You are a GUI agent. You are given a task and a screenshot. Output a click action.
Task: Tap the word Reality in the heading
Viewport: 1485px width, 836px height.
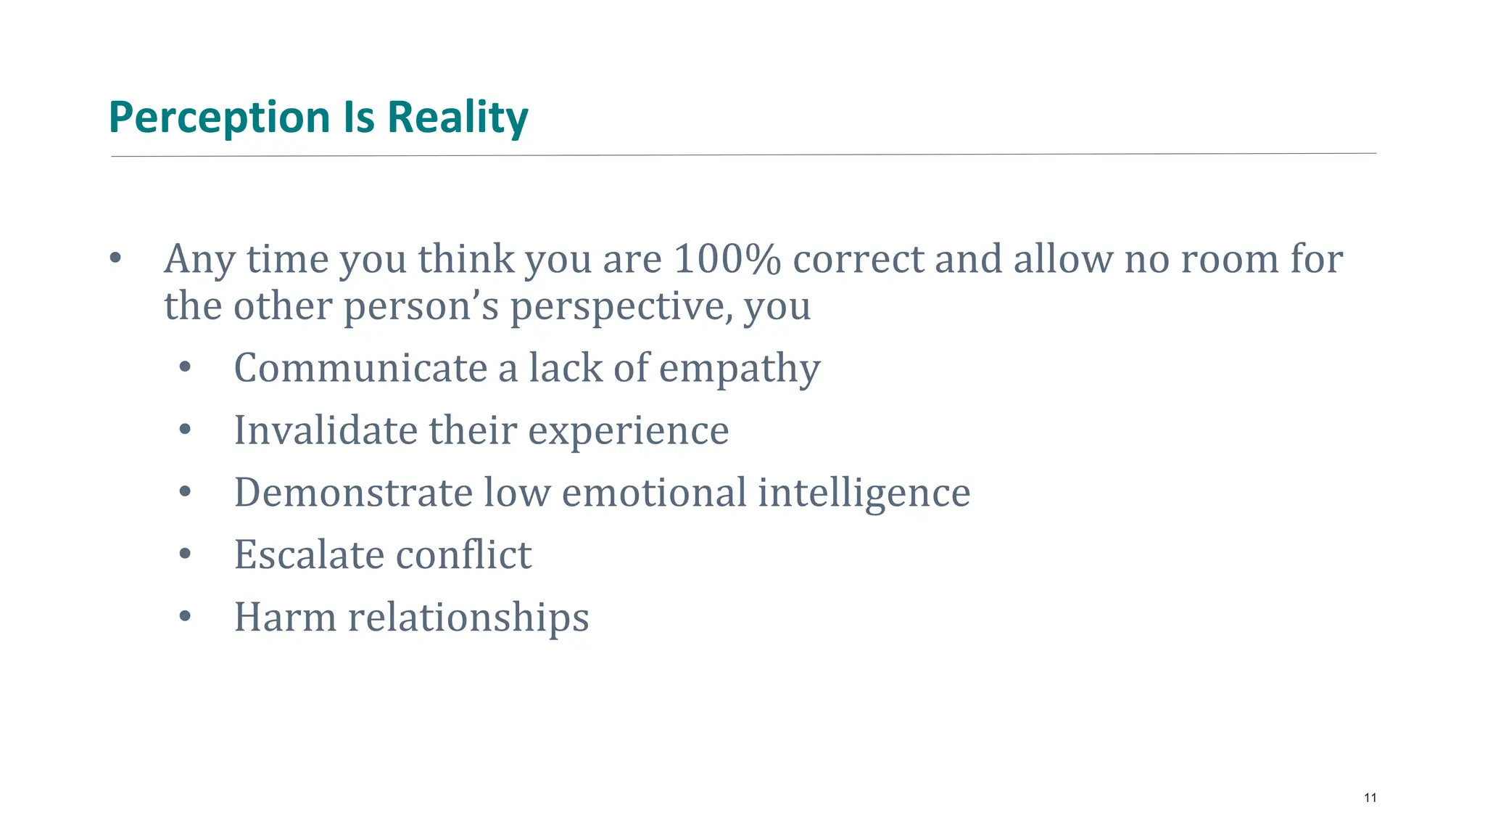pos(458,118)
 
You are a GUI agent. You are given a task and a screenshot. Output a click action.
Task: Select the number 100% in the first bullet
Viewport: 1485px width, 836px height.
pos(727,259)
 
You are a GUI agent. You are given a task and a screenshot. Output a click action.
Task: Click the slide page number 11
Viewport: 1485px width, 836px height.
pos(1370,798)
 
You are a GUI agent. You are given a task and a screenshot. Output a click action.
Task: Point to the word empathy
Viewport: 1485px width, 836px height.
pos(740,369)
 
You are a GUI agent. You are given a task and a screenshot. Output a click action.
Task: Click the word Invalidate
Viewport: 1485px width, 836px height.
pos(326,430)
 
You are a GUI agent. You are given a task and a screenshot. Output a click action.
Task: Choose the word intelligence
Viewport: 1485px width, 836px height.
pos(864,493)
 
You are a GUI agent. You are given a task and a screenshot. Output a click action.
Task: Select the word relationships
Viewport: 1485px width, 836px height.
pos(468,618)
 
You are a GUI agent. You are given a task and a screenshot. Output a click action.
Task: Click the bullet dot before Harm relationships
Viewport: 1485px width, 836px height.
pos(185,618)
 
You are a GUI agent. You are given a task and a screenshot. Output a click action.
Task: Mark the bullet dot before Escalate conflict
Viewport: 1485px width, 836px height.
pos(185,555)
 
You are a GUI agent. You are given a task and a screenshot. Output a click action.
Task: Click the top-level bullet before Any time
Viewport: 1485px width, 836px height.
pos(115,259)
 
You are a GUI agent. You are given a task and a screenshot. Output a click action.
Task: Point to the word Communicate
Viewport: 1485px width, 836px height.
pos(360,368)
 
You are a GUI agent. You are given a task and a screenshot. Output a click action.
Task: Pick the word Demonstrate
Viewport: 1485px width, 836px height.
pos(353,493)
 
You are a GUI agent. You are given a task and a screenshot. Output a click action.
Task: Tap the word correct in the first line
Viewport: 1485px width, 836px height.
pos(859,259)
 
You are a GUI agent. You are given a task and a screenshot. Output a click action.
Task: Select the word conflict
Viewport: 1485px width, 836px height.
pos(463,555)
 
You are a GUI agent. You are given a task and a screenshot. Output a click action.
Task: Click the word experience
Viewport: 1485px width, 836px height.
pos(628,431)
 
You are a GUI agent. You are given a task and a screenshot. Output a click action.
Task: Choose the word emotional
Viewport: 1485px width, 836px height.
pos(654,493)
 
